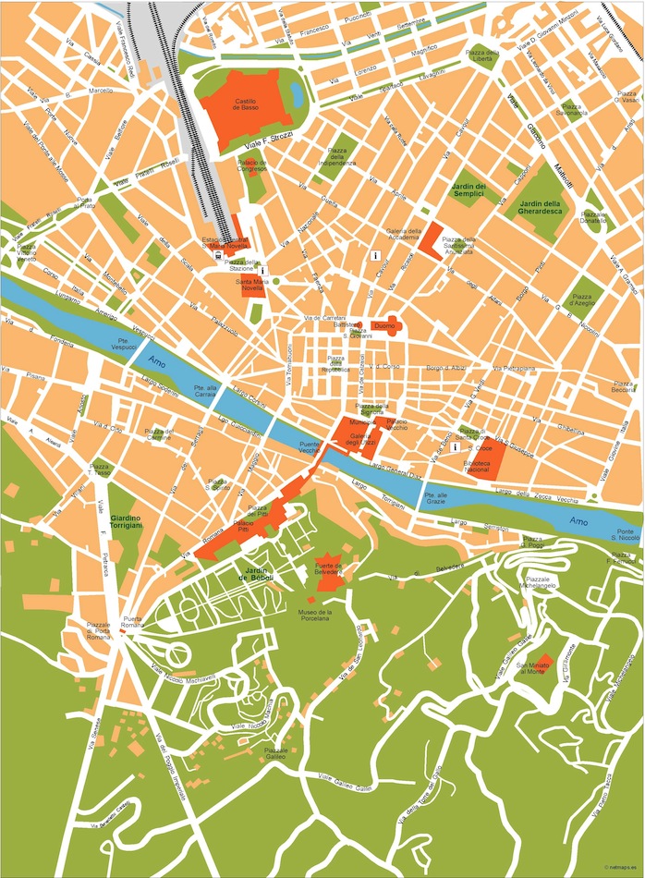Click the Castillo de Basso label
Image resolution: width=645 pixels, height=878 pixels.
tap(245, 104)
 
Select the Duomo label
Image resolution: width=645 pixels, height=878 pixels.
tap(384, 326)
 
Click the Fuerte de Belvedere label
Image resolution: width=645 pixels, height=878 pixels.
tap(330, 568)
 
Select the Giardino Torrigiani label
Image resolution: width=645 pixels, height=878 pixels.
tap(126, 521)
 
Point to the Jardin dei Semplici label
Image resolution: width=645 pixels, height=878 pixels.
tap(469, 191)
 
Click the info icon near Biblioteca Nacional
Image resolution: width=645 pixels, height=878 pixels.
tap(455, 447)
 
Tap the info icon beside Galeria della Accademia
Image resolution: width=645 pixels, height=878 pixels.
tap(375, 254)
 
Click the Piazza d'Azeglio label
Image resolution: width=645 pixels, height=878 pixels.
tap(582, 299)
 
